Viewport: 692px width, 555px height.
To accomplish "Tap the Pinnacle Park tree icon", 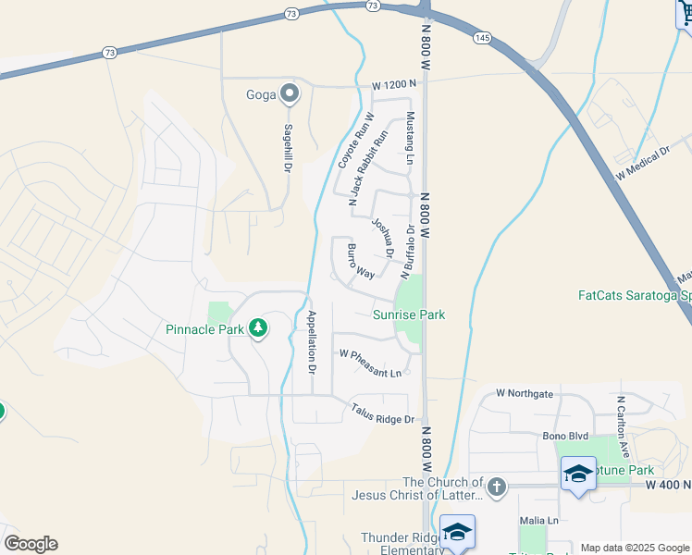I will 258,327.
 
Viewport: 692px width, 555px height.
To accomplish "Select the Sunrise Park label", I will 408,314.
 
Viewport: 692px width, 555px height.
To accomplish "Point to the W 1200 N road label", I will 394,85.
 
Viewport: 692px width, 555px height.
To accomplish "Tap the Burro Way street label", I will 360,262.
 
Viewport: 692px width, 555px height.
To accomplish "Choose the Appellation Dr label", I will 312,341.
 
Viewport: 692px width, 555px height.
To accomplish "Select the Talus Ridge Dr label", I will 381,413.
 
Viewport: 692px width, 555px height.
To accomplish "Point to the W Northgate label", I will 525,393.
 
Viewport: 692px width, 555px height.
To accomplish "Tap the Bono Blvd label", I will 566,435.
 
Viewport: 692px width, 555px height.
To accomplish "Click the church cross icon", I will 497,487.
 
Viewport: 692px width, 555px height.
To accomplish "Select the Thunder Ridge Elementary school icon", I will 457,533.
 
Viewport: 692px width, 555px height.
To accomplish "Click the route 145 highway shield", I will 481,37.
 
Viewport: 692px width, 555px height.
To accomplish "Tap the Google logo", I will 30,544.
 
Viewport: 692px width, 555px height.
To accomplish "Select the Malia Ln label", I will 538,521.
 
